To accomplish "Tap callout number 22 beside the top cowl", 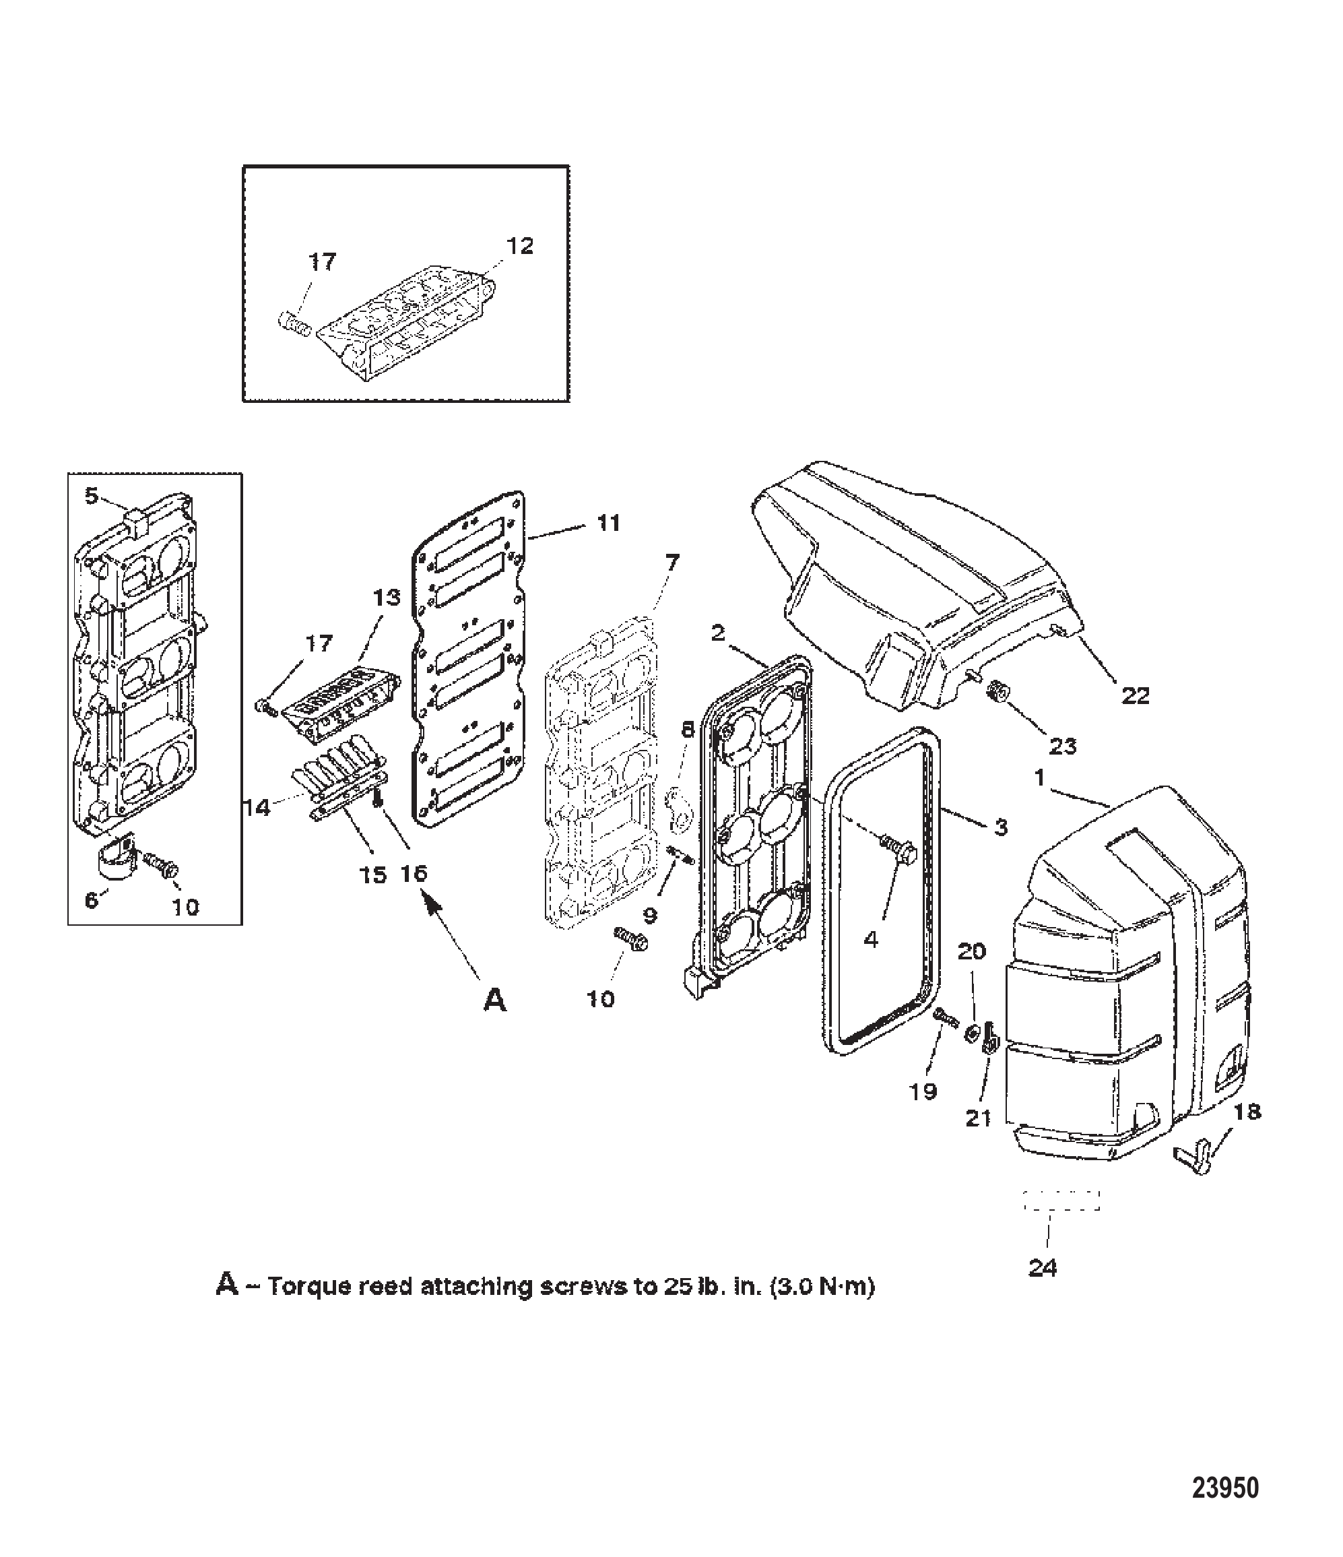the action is tap(1135, 696).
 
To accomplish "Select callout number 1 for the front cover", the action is tap(1039, 777).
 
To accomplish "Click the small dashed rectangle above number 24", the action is tap(1061, 1200).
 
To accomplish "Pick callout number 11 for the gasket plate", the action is tap(608, 522).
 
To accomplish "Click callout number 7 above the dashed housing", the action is tap(671, 562).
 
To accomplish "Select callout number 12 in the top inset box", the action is tap(520, 246).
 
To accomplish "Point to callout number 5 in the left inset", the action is tap(91, 496).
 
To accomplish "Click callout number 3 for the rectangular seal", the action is tap(1000, 827).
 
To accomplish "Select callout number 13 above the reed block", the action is tap(387, 598).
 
